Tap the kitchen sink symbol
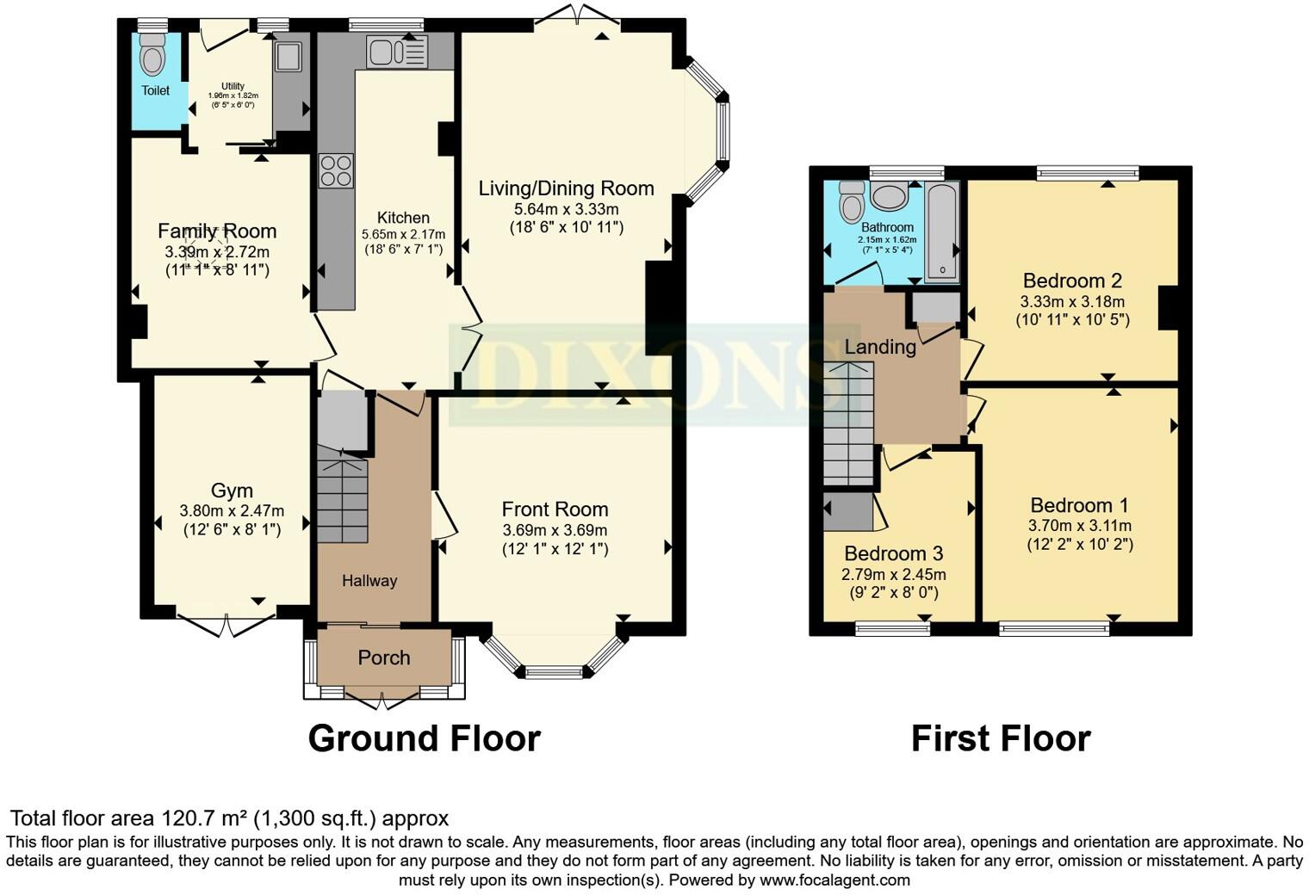tap(396, 52)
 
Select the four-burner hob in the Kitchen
tap(336, 170)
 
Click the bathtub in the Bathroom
tap(941, 232)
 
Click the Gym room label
tap(232, 491)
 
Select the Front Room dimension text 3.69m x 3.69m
tap(555, 530)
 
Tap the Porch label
tap(384, 657)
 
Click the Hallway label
tap(369, 581)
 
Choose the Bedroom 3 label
tap(893, 553)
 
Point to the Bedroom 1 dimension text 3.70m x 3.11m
tap(1080, 525)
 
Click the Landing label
tap(879, 347)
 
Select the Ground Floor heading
tap(424, 738)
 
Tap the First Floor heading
tap(1001, 738)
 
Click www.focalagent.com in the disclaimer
tap(834, 880)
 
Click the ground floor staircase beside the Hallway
tap(343, 499)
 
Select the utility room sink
tap(288, 57)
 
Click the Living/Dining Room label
tap(566, 188)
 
